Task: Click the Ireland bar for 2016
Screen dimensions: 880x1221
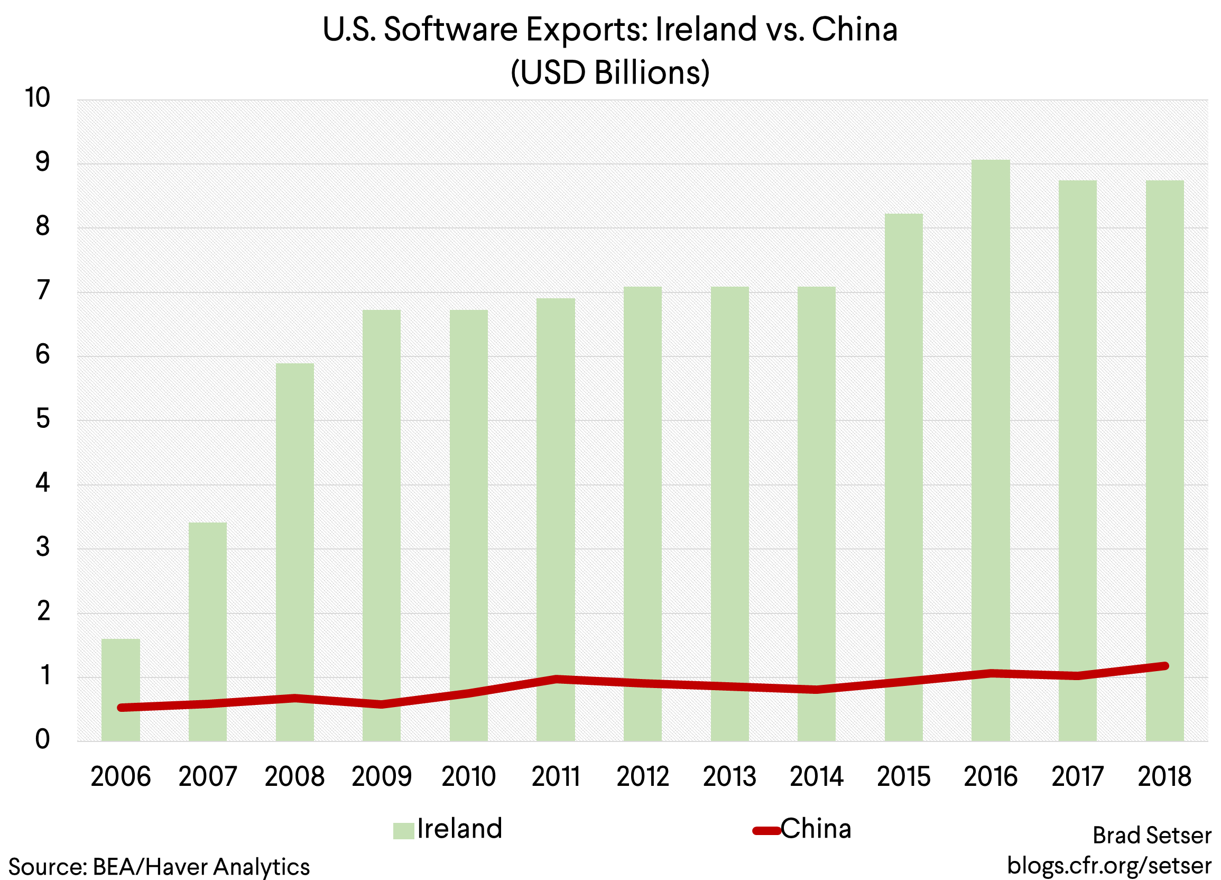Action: pos(991,431)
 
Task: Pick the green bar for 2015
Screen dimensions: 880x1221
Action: pos(903,458)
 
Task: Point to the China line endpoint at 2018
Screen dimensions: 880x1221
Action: pos(1165,666)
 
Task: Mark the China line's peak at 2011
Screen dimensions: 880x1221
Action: pos(556,679)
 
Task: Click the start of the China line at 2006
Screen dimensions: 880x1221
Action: pos(121,708)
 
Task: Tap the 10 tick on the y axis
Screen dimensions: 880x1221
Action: pos(38,98)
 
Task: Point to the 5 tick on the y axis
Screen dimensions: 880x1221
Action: pos(43,419)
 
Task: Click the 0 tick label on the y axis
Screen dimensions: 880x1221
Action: pos(43,739)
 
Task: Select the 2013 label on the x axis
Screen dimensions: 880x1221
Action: pos(729,776)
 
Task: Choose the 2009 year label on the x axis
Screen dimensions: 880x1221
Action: pos(381,776)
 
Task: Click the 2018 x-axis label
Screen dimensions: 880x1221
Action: pos(1164,776)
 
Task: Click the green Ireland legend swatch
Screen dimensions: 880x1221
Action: pos(403,830)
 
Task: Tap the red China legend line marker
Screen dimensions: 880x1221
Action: pos(766,830)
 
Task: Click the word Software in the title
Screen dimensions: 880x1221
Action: pos(450,30)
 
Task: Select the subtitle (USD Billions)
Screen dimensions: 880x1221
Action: pos(610,72)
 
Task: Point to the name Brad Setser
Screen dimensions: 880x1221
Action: pos(1152,835)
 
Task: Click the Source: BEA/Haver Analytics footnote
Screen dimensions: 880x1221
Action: pos(159,867)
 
